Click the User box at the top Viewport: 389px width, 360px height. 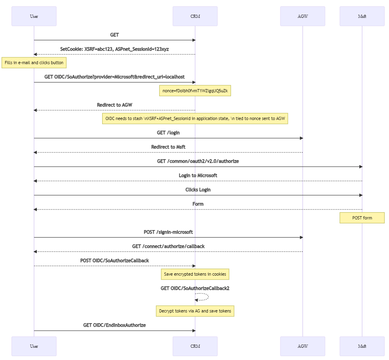click(34, 16)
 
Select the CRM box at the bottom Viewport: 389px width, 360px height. click(195, 346)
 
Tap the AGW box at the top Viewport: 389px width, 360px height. click(302, 16)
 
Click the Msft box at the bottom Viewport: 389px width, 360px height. click(362, 346)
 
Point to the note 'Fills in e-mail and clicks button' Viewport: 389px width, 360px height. click(34, 63)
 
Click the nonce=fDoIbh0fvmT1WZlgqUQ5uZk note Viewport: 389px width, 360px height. click(195, 91)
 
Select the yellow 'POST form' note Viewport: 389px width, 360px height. click(362, 218)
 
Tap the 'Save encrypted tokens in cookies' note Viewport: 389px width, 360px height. click(195, 274)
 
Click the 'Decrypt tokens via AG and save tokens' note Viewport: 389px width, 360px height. click(195, 311)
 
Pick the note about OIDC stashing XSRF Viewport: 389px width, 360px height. click(195, 118)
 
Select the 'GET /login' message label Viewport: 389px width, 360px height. click(168, 133)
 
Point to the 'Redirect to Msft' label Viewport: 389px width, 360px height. click(168, 147)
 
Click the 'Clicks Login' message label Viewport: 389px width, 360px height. click(198, 190)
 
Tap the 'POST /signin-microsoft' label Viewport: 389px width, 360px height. click(168, 232)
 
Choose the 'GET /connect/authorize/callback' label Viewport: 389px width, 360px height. click(168, 246)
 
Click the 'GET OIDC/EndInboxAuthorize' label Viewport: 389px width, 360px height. click(114, 325)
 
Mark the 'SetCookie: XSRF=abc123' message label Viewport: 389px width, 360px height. click(114, 49)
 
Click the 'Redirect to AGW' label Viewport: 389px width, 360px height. click(114, 105)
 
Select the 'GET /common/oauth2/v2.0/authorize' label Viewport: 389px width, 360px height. click(198, 161)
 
